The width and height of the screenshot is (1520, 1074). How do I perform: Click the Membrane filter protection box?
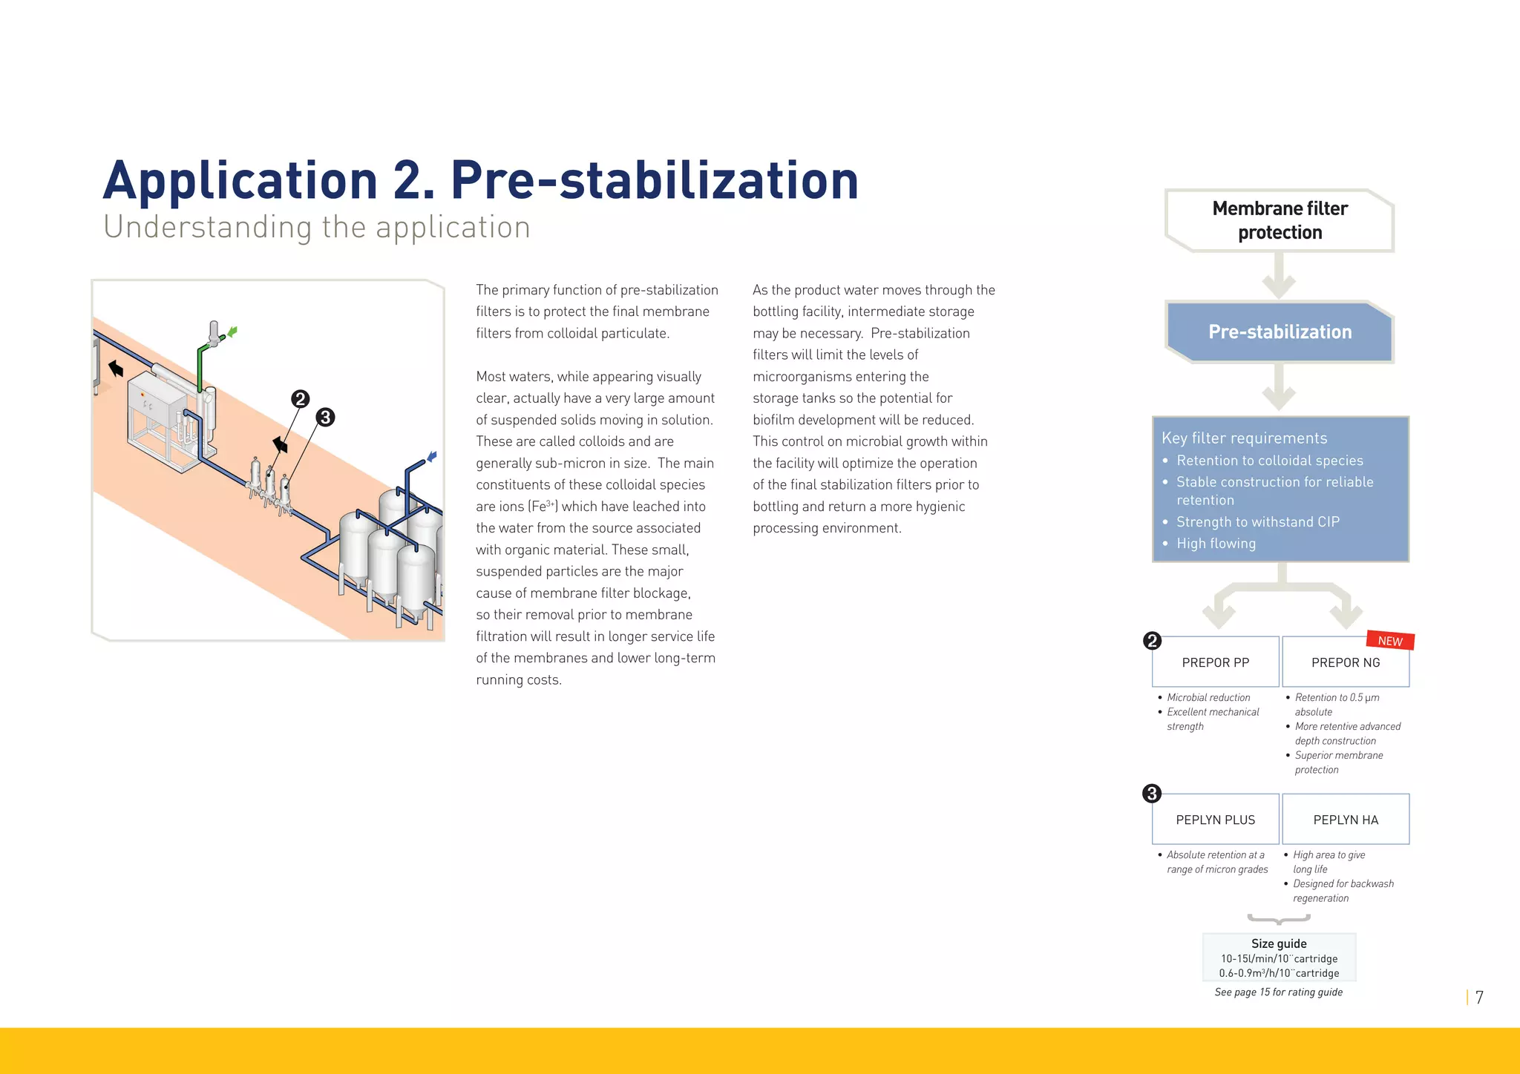pyautogui.click(x=1280, y=220)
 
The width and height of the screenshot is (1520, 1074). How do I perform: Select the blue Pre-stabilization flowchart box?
pyautogui.click(x=1280, y=332)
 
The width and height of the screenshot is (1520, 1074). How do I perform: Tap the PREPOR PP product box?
pyautogui.click(x=1215, y=662)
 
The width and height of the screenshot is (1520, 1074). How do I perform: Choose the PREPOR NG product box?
pyautogui.click(x=1345, y=662)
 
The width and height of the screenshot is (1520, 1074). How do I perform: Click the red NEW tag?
pyautogui.click(x=1390, y=641)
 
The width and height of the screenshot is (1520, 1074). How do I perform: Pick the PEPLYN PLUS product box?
pyautogui.click(x=1215, y=820)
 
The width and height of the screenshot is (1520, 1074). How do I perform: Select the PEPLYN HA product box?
pyautogui.click(x=1345, y=820)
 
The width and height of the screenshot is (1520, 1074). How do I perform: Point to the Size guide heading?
pyautogui.click(x=1279, y=943)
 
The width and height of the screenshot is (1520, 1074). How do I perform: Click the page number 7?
pyautogui.click(x=1479, y=998)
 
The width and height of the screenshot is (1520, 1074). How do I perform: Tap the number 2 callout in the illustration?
pyautogui.click(x=300, y=399)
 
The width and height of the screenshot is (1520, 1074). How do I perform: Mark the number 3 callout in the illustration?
pyautogui.click(x=325, y=418)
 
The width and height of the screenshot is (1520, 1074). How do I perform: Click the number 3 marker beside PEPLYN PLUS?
pyautogui.click(x=1151, y=794)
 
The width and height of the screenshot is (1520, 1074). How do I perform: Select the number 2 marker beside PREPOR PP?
pyautogui.click(x=1152, y=640)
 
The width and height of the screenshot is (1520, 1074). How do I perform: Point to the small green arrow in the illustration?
pyautogui.click(x=233, y=332)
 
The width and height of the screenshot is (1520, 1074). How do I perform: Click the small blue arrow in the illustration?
pyautogui.click(x=431, y=456)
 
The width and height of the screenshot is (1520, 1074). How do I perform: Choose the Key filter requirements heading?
pyautogui.click(x=1244, y=438)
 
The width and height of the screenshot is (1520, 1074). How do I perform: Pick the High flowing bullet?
pyautogui.click(x=1216, y=544)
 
